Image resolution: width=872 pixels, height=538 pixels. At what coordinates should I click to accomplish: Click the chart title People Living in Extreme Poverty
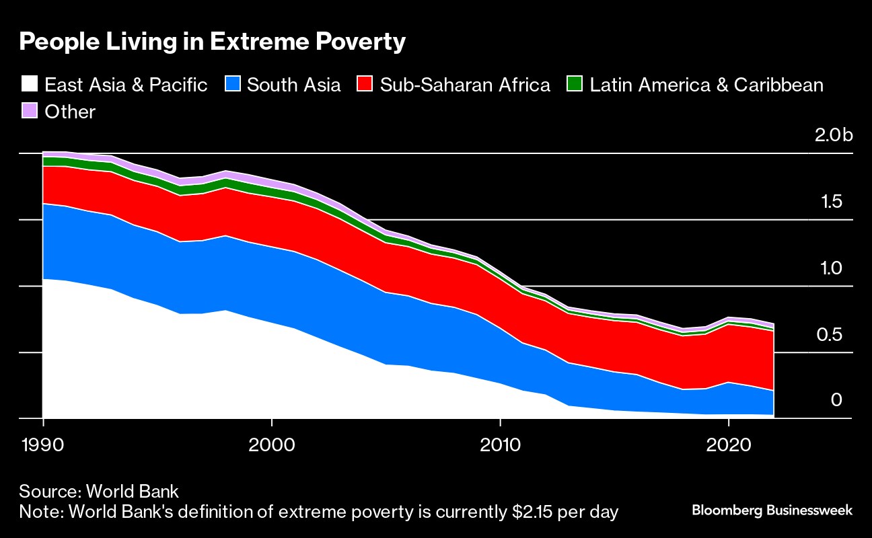213,42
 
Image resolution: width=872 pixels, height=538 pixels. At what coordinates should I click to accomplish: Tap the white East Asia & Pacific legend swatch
29,85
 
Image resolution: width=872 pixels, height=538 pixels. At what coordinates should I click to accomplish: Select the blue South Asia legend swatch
231,85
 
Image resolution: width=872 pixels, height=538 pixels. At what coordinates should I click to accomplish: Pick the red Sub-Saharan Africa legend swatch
364,85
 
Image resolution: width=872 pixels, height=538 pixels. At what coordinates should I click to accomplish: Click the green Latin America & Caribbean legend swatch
574,85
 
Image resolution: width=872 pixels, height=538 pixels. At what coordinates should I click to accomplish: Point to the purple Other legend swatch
29,111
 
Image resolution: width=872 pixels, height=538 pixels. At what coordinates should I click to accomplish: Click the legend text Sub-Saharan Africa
465,85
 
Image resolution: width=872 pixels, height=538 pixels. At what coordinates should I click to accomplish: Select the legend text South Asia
293,85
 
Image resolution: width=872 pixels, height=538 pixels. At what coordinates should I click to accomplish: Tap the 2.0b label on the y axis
833,136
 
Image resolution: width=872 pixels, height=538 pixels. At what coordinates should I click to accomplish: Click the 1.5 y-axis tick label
832,202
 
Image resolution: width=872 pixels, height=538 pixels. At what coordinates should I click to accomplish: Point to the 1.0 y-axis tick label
832,269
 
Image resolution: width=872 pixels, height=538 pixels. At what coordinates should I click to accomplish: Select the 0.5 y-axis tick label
832,335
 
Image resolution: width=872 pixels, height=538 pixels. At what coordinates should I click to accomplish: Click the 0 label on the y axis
836,401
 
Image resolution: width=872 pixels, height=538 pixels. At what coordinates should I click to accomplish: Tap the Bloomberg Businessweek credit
772,510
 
